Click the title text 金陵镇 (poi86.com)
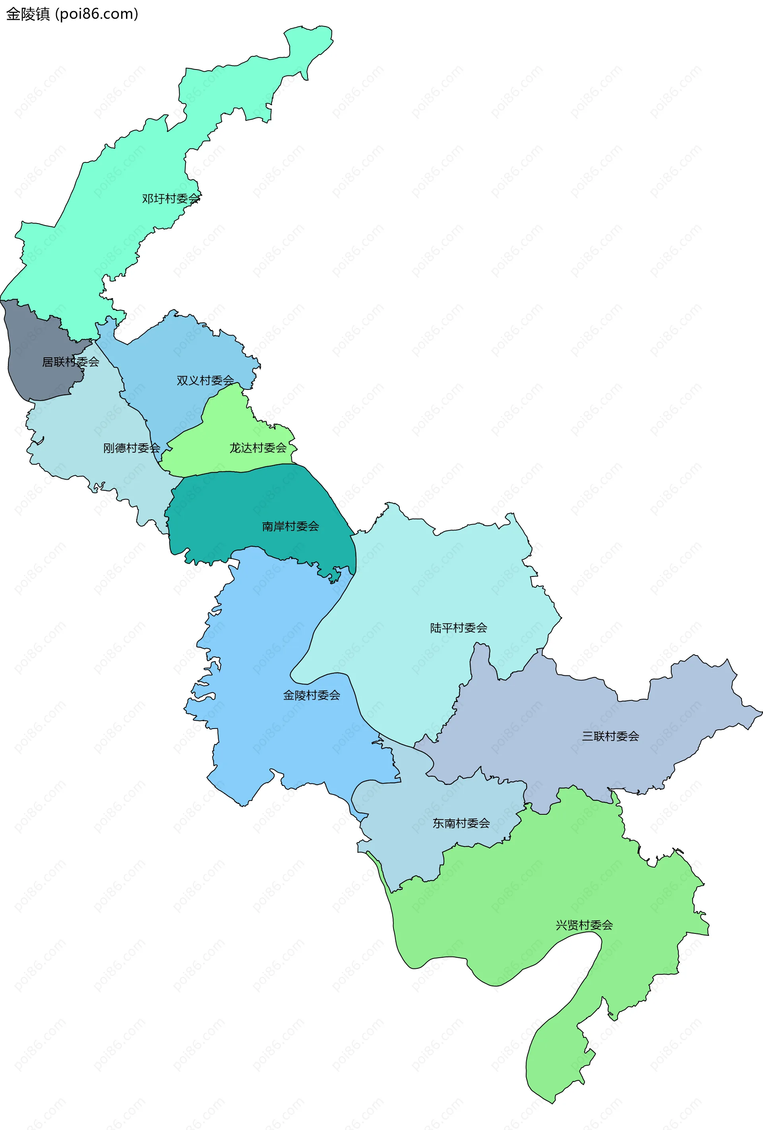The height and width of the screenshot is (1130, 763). coord(72,13)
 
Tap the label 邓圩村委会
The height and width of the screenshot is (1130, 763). coord(171,199)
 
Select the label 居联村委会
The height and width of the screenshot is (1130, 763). coord(71,362)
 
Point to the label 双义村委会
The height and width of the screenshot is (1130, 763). coord(205,380)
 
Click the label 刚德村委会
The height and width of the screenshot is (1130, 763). coord(132,448)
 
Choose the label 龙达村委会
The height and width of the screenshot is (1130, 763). coord(258,448)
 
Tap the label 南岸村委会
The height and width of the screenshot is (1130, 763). coord(290,526)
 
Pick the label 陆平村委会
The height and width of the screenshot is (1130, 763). coord(458,628)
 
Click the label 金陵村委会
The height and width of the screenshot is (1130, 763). coord(312,695)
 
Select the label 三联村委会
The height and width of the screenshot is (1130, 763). coord(610,736)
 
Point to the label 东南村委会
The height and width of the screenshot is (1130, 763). coord(461,823)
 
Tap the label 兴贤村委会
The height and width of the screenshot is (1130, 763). coord(584,925)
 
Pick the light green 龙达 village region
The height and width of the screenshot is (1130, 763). coord(224,428)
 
